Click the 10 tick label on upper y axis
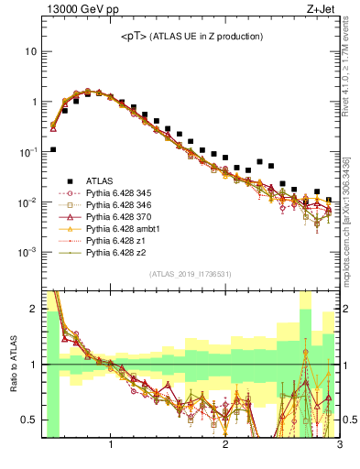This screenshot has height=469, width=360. click(x=30, y=51)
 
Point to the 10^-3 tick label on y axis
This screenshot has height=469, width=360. click(x=27, y=252)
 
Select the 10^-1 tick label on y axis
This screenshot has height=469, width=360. click(x=27, y=151)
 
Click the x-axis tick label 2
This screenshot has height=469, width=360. click(x=225, y=446)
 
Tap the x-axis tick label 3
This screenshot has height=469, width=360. click(x=339, y=446)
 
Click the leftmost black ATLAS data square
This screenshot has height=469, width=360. click(x=53, y=149)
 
